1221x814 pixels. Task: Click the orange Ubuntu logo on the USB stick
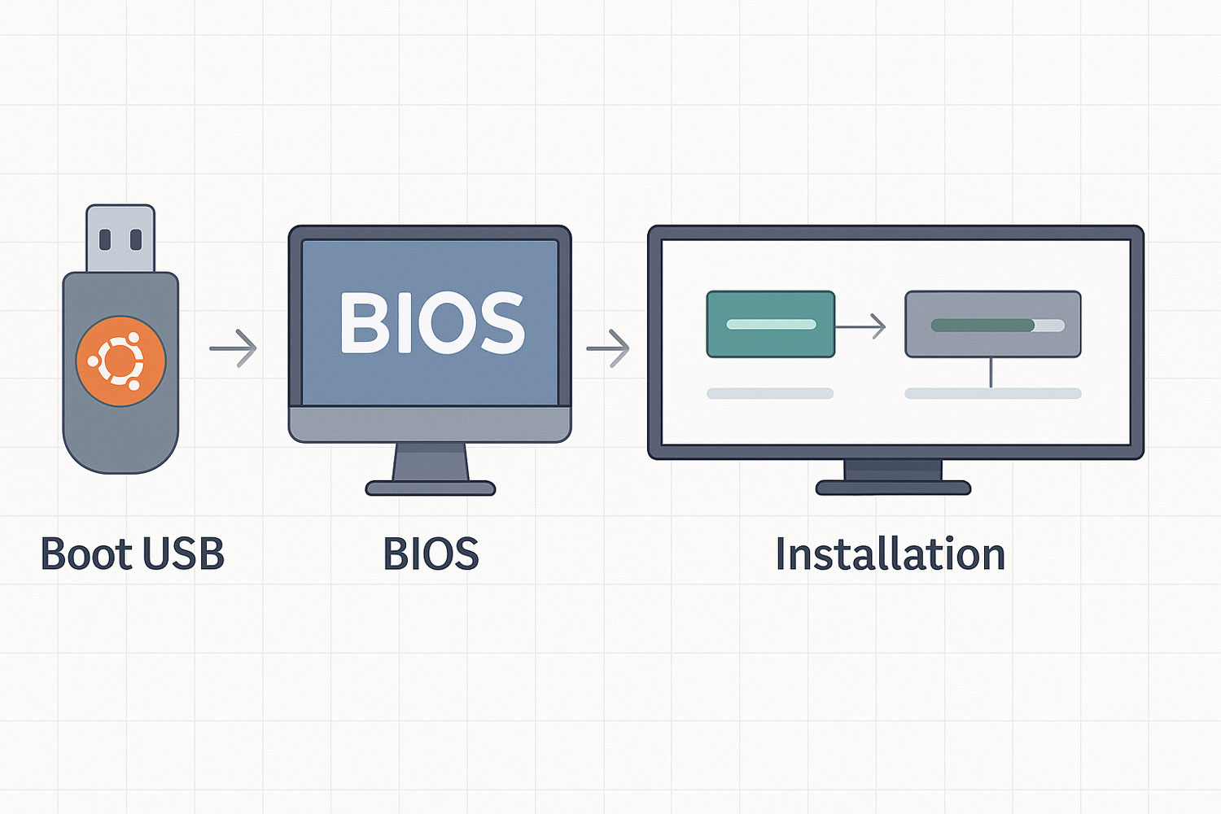click(x=120, y=361)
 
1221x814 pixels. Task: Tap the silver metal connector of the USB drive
click(x=120, y=239)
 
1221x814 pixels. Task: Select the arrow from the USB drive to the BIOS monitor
click(x=234, y=348)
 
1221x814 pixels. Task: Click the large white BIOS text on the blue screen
click(x=432, y=323)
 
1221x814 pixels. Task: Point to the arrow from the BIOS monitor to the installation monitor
click(x=608, y=348)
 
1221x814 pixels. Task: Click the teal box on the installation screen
click(x=771, y=325)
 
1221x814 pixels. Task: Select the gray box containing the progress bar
click(x=993, y=325)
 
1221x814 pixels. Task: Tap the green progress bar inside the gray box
click(x=982, y=326)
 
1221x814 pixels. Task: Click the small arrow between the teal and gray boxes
click(x=860, y=326)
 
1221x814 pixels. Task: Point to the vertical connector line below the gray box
click(x=991, y=373)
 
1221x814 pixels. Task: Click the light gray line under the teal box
click(x=770, y=393)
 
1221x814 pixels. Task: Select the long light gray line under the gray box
click(x=993, y=393)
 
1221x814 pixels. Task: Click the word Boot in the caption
click(x=86, y=554)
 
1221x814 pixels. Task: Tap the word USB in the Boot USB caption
click(x=183, y=554)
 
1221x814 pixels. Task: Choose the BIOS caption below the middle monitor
click(x=431, y=554)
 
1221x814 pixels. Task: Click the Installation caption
click(x=891, y=554)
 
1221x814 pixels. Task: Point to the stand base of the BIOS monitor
click(x=431, y=488)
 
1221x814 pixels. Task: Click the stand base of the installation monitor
click(x=894, y=488)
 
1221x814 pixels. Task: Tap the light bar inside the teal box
click(x=772, y=325)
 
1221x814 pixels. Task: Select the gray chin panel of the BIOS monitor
click(x=430, y=424)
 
